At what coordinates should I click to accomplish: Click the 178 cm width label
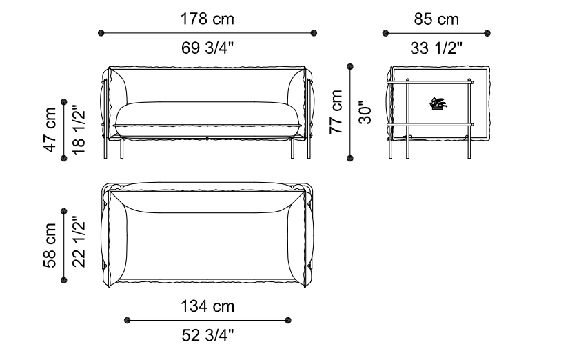coord(207,19)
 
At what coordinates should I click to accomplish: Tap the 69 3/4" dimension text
coord(207,48)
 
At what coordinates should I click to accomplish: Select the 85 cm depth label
coord(436,19)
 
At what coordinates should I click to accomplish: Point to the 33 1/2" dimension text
coord(436,48)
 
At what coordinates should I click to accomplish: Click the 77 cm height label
coord(336,112)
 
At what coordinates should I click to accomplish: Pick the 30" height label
coord(365,112)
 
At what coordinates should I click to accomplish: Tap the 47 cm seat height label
coord(50,130)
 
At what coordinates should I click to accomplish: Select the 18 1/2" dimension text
coord(79,130)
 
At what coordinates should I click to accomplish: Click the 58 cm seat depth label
coord(50,245)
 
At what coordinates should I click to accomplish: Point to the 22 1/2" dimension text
coord(79,242)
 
